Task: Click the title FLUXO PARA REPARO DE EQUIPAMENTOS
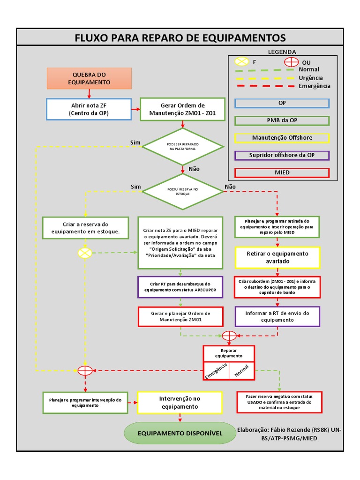tap(180, 37)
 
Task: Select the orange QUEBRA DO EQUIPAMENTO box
tap(89, 78)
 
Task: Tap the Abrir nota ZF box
tap(88, 109)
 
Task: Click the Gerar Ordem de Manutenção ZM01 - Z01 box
tap(182, 109)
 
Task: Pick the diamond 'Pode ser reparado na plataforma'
tap(182, 146)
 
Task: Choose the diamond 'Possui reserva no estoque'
tap(182, 191)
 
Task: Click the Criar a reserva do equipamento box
tap(85, 228)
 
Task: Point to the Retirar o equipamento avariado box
tap(277, 257)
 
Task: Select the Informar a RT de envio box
tap(277, 316)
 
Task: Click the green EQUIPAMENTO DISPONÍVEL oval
tap(180, 433)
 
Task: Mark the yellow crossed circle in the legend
tap(241, 62)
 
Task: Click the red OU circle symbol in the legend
tap(291, 62)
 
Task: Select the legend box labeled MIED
tap(282, 172)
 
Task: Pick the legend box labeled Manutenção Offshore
tap(282, 138)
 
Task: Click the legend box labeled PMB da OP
tap(282, 120)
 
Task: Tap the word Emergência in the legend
tap(314, 86)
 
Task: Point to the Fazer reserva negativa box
tap(279, 402)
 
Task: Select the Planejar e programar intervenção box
tap(85, 403)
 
